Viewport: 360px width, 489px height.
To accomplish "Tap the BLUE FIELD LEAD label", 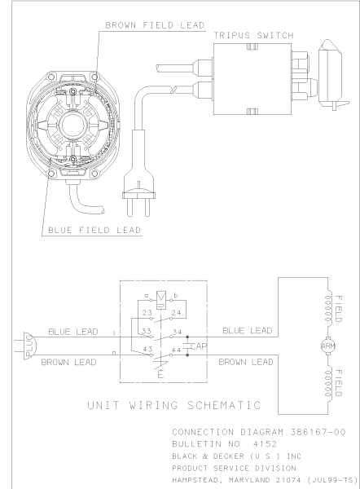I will (x=91, y=230).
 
